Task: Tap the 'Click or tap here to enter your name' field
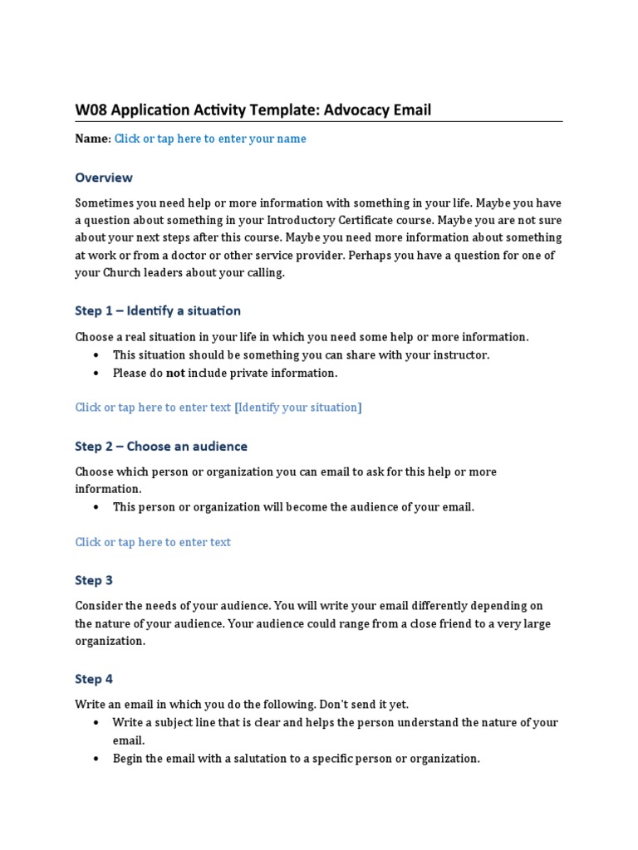tap(210, 139)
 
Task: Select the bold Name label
tap(92, 139)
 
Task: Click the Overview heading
tap(104, 177)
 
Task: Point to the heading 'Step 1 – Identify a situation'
tap(158, 310)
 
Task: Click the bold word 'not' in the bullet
tap(175, 373)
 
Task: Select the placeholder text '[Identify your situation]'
tap(298, 407)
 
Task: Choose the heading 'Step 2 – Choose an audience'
tap(161, 446)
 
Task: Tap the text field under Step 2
tap(153, 542)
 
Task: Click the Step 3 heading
tap(94, 580)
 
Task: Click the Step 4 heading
tap(94, 679)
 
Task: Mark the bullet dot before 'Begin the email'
tap(96, 759)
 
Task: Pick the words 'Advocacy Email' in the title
tap(377, 110)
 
